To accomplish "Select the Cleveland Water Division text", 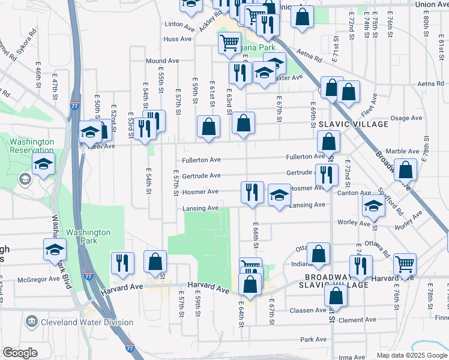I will pyautogui.click(x=86, y=322).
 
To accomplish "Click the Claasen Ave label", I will pyautogui.click(x=307, y=310).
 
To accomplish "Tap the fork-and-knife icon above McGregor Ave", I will pyautogui.click(x=122, y=262).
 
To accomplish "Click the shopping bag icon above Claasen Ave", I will pyautogui.click(x=336, y=295).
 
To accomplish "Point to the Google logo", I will pyautogui.click(x=20, y=352).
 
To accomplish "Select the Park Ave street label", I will pyautogui.click(x=313, y=340).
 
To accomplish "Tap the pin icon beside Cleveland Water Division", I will pyautogui.click(x=31, y=322).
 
